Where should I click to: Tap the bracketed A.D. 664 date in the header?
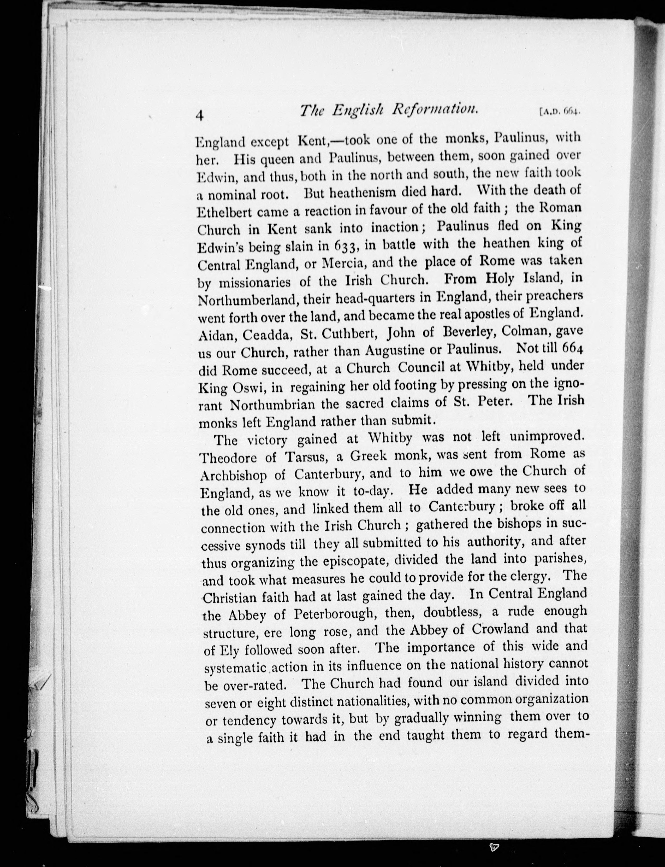click(559, 112)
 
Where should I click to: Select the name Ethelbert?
click(222, 212)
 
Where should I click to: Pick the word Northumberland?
click(248, 300)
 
